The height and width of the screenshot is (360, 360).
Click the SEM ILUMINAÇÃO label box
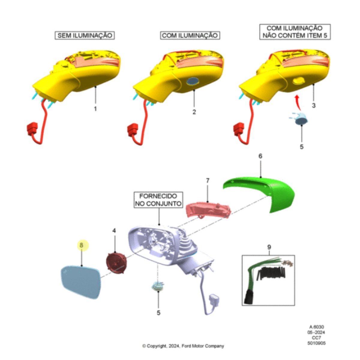coord(85,35)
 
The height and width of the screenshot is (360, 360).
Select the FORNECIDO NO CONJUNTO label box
coord(158,200)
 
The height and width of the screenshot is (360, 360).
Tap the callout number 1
coord(95,109)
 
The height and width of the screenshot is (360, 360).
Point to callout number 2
coord(194,112)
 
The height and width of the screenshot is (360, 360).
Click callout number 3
coord(314,105)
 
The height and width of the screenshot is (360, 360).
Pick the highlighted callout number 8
coord(82,245)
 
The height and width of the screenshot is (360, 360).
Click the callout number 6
coord(260,156)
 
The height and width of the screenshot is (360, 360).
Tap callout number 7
coord(208,181)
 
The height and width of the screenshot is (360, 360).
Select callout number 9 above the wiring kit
coord(269,247)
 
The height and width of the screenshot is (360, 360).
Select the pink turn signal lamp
coord(208,210)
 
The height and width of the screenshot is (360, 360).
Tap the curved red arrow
coord(298,102)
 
